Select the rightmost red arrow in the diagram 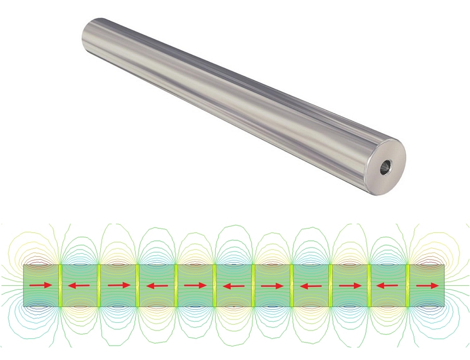click(x=427, y=285)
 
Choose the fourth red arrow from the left click(x=157, y=285)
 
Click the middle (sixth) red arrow click(x=234, y=285)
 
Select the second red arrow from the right click(x=388, y=285)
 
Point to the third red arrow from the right click(x=350, y=285)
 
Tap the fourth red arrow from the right click(x=311, y=285)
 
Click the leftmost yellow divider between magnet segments click(x=61, y=285)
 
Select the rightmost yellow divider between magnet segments click(x=408, y=285)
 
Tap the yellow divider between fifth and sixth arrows click(x=215, y=285)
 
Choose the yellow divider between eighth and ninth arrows click(x=330, y=285)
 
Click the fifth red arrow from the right click(x=273, y=285)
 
